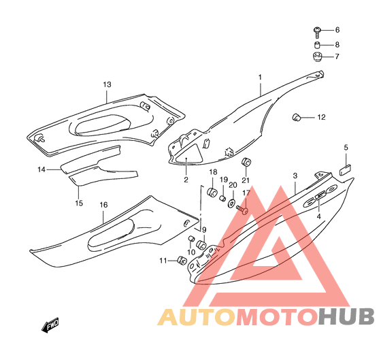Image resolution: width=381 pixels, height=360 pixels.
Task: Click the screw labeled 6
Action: tap(317, 33)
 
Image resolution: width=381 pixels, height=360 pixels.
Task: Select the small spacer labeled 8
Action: tap(317, 45)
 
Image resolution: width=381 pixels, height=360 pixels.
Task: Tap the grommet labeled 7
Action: tap(317, 56)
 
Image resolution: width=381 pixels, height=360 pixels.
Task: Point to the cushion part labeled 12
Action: tap(297, 117)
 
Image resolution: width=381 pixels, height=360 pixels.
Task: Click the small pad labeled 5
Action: tap(345, 169)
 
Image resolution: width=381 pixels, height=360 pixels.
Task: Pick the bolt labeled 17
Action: tap(242, 210)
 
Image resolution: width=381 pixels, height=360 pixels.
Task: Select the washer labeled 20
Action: tap(231, 203)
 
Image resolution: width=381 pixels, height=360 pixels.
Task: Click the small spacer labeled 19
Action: tap(222, 198)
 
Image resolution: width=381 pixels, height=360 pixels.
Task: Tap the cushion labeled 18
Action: tap(212, 192)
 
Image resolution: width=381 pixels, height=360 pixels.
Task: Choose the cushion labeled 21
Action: tap(246, 162)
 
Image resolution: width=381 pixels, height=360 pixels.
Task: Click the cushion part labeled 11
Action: tap(182, 261)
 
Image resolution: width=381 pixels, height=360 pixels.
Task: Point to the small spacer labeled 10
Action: tap(191, 238)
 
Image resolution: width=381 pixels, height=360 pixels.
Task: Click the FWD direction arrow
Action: tap(50, 325)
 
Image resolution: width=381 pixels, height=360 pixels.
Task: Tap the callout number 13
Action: tap(107, 84)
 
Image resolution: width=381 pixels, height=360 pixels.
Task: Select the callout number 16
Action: tap(103, 205)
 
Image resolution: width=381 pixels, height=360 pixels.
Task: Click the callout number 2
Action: tap(186, 180)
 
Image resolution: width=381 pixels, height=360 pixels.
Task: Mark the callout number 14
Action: tap(42, 169)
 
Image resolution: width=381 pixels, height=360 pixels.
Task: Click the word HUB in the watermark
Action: tap(346, 316)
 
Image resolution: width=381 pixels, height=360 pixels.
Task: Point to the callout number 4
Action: tap(318, 216)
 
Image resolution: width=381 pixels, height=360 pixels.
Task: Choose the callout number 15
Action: tap(79, 203)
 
